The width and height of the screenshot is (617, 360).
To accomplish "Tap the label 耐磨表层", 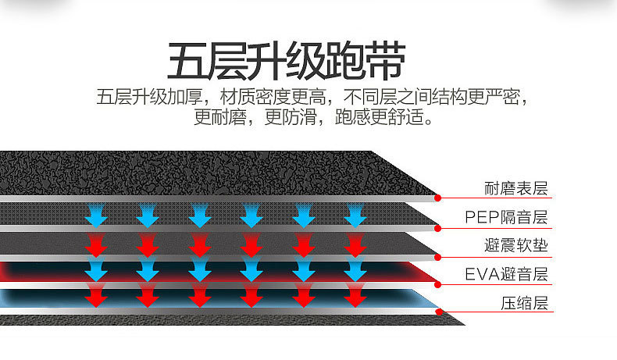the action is click(x=516, y=188).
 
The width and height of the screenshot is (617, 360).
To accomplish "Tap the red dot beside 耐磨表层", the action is click(x=437, y=198).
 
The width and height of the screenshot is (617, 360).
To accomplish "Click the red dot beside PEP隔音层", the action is click(x=437, y=226).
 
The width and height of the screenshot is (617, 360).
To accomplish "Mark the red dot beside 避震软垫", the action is click(x=437, y=255).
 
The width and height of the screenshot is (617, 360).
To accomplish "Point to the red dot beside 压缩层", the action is click(x=437, y=312).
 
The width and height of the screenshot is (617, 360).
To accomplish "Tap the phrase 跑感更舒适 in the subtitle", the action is click(x=383, y=119).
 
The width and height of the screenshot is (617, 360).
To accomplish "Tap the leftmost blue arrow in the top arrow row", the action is click(x=96, y=213).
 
